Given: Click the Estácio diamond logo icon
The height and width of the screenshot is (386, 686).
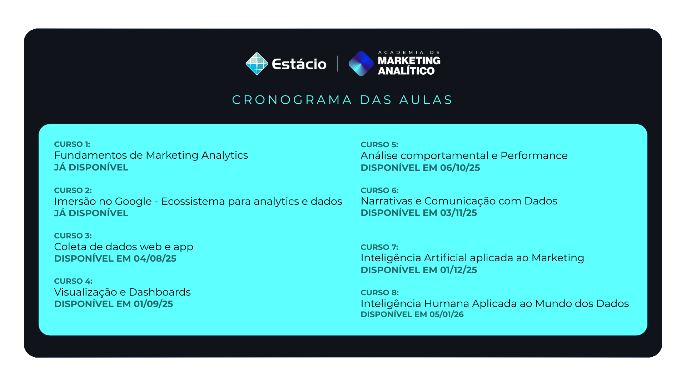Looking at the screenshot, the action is click(257, 64).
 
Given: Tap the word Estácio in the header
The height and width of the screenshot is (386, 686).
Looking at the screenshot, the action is click(299, 64).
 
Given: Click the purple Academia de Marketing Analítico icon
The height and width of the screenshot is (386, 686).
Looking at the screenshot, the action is click(361, 64).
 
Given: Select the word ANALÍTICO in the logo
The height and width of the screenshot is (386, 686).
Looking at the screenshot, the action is click(406, 71).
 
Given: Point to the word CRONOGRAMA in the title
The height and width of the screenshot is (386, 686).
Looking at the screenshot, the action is click(292, 100).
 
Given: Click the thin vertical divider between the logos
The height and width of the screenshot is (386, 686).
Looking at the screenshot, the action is click(337, 64).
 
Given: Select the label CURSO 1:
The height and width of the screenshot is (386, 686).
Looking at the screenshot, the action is click(72, 144).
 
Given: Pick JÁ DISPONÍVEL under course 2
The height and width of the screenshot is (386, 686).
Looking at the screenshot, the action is click(91, 213).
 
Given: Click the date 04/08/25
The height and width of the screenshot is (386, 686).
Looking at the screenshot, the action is click(155, 258).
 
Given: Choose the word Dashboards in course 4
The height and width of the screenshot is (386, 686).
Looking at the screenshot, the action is click(160, 292).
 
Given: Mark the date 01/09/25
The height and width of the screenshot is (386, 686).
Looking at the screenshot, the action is click(153, 304).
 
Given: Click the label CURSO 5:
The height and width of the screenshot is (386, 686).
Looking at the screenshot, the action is click(379, 145).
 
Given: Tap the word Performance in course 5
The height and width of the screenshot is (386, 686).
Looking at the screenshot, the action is click(534, 155).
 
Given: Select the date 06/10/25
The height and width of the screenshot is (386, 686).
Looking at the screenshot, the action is click(460, 168).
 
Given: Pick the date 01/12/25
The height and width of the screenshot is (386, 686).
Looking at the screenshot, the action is click(459, 270).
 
